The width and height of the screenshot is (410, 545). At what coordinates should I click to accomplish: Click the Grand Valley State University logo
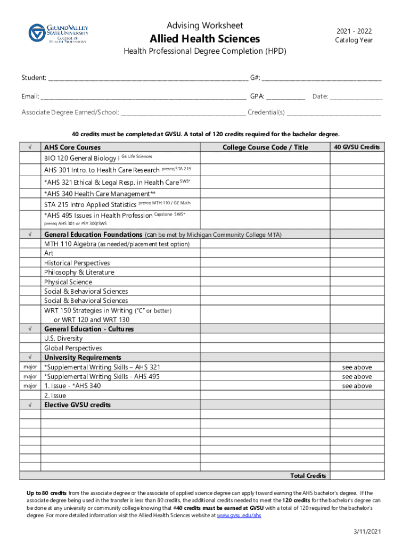pos(58,33)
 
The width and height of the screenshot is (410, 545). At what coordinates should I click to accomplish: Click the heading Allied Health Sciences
pos(205,39)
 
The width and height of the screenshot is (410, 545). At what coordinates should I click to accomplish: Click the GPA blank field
pos(285,97)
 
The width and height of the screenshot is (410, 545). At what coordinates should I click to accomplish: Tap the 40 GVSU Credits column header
pos(356,147)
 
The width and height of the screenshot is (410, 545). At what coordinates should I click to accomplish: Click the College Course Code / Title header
pos(265,147)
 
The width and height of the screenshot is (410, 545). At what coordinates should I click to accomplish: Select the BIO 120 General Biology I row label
pos(82,159)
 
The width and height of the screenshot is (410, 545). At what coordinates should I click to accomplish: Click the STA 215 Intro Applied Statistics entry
pos(91,205)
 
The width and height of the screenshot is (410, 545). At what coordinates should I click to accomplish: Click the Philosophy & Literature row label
pos(79,272)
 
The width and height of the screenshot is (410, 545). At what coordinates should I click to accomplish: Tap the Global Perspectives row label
pos(73,348)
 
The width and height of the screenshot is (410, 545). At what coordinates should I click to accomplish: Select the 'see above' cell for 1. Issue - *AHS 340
pos(357,386)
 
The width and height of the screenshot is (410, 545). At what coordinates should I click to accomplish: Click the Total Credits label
pos(308,475)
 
